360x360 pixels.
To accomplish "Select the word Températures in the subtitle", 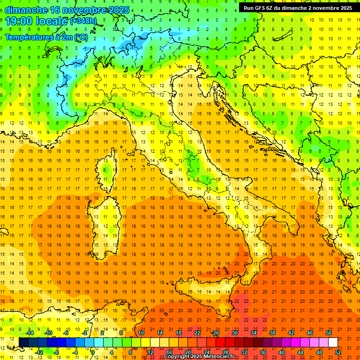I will pyautogui.click(x=30, y=37).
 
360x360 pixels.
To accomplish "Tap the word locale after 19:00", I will pyautogui.click(x=54, y=21).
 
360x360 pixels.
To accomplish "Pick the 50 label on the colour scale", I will pyautogui.click(x=329, y=332).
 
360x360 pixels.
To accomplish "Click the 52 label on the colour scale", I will pyautogui.click(x=338, y=352).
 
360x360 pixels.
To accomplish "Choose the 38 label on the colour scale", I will pyautogui.click(x=272, y=332).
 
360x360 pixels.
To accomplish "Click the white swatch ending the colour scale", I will pyautogui.click(x=333, y=342).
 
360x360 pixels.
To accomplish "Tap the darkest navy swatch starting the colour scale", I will pyautogui.click(x=24, y=342).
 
